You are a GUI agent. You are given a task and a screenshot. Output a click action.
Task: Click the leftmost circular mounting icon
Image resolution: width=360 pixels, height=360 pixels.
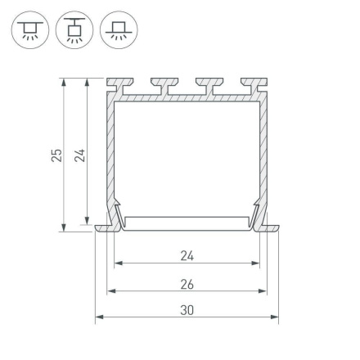[x=29, y=31]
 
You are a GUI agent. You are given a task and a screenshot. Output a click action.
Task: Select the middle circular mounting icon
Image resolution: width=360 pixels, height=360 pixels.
[x=74, y=31]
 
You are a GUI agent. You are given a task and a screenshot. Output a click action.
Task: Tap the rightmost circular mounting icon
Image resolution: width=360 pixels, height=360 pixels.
[x=119, y=31]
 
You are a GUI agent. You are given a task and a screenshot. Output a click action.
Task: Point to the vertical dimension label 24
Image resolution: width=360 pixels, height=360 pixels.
[x=79, y=155]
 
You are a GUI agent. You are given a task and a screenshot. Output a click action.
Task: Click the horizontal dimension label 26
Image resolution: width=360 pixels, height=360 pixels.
[x=187, y=284]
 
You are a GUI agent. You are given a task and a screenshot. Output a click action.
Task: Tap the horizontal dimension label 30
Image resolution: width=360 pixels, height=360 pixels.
[x=187, y=310]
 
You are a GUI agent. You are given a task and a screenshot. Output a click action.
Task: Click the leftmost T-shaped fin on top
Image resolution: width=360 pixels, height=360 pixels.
[x=117, y=84]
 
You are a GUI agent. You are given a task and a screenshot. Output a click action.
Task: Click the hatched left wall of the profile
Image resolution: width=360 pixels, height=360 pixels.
[x=108, y=155]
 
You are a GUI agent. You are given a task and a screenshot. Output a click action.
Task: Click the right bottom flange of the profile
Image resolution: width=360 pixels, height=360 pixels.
[x=272, y=227]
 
